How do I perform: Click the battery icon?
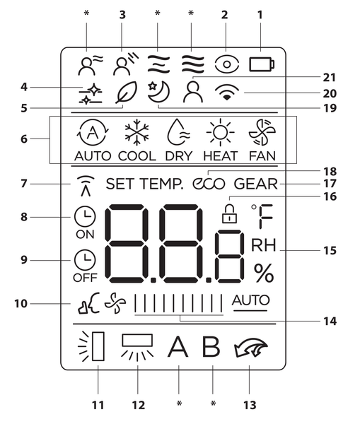(x=262, y=64)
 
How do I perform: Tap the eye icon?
(x=227, y=64)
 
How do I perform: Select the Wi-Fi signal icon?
(x=227, y=92)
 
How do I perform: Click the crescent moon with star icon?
(x=158, y=92)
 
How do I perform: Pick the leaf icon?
(x=126, y=92)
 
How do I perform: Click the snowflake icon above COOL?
(x=137, y=133)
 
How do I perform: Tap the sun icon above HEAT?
(x=221, y=133)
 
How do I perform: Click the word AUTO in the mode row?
(x=93, y=156)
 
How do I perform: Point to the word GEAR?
(x=256, y=184)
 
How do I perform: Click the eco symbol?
(x=209, y=184)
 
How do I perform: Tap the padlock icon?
(x=229, y=214)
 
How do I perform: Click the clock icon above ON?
(x=85, y=217)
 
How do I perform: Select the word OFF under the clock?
(x=85, y=278)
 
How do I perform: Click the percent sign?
(x=264, y=273)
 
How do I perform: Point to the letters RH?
(x=264, y=245)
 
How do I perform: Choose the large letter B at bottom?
(x=211, y=347)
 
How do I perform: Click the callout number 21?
(x=330, y=78)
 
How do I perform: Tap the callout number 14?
(x=330, y=322)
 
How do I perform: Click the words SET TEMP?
(x=144, y=184)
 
